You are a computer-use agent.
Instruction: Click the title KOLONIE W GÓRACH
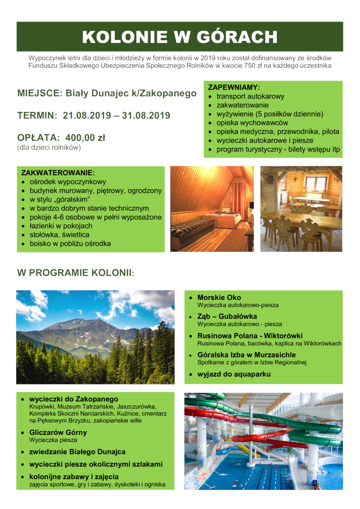pos(180,36)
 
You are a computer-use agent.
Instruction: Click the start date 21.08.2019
pos(86,115)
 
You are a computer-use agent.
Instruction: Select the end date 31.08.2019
pos(146,115)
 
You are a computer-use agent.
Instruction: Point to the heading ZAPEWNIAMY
pos(234,87)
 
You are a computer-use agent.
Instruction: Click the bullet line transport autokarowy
pos(250,96)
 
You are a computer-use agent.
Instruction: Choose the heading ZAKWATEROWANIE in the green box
pos(58,173)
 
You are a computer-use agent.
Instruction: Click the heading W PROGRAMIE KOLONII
pos(75,273)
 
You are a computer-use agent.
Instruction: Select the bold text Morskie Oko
pos(219,297)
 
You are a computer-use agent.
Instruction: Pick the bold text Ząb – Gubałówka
pos(227,316)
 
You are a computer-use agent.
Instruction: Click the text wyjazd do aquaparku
pos(234,374)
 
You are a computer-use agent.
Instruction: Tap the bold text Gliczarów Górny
pos(58,432)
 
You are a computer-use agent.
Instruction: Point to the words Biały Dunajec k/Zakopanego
pos(131,94)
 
